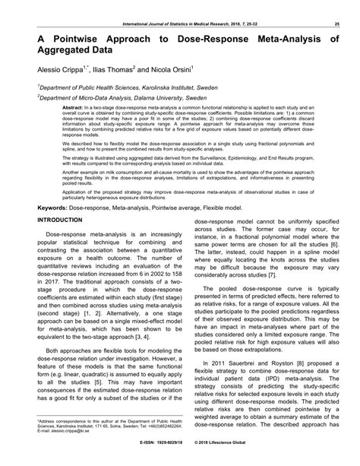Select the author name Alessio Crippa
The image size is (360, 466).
click(55, 68)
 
